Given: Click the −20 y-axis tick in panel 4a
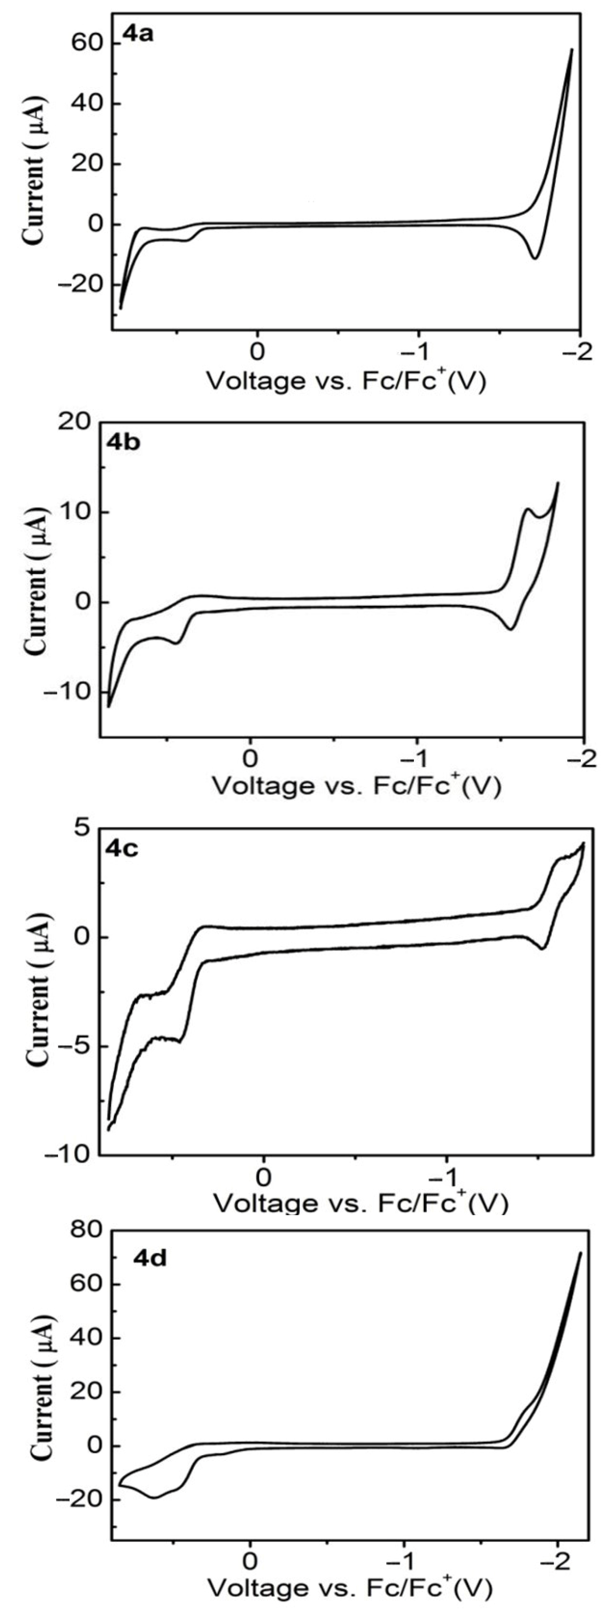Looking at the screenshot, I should pos(79,285).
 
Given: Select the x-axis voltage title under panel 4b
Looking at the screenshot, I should pos(356,785).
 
